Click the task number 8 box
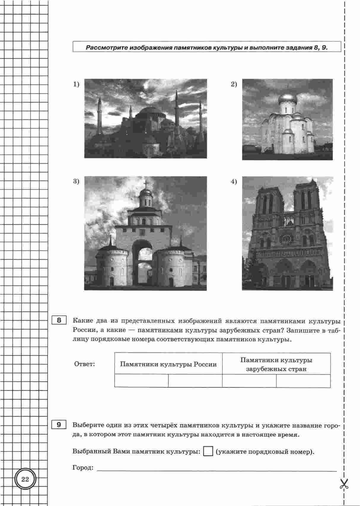point(59,321)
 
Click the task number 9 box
point(59,425)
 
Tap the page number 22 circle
point(25,479)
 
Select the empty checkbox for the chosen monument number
point(208,452)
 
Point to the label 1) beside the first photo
point(77,85)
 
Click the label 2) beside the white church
point(234,85)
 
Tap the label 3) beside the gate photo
point(77,182)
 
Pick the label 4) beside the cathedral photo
point(234,182)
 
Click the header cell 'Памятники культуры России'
point(168,364)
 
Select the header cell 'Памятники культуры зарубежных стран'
point(276,364)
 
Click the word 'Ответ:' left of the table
point(84,364)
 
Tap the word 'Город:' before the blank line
point(83,468)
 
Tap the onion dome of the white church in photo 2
point(286,99)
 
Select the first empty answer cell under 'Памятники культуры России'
point(141,381)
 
